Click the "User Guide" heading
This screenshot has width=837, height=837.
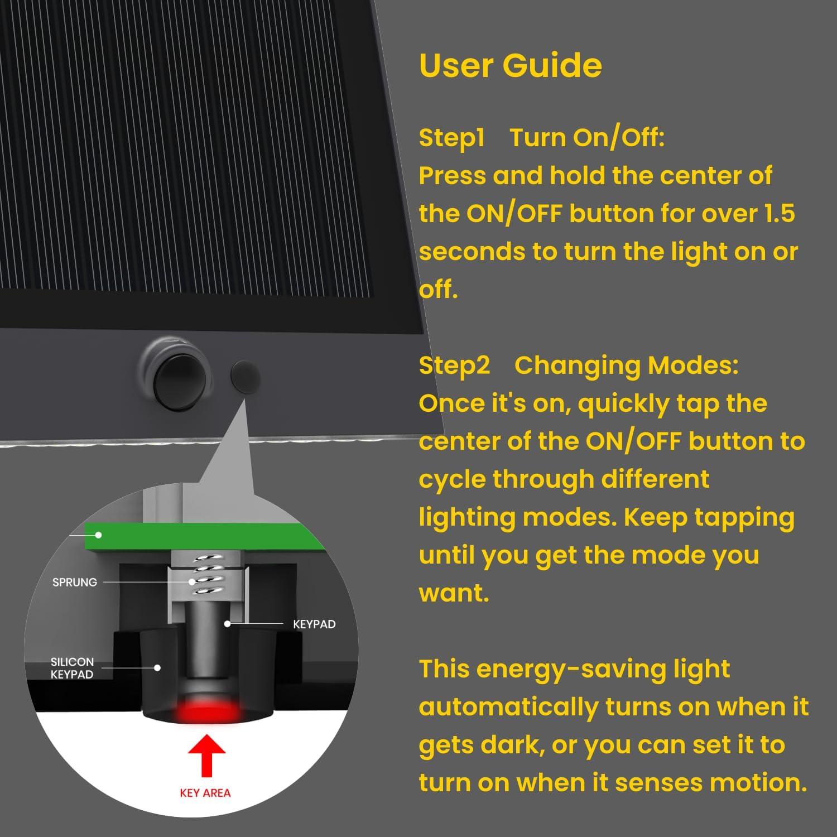510,66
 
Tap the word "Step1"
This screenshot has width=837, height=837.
451,138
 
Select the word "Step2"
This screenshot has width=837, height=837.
454,365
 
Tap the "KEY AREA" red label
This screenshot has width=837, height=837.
205,793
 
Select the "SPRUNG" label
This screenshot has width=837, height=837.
74,582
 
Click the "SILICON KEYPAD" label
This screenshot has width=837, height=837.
72,668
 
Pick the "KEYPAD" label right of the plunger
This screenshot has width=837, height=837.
314,624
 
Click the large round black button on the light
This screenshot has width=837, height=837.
173,378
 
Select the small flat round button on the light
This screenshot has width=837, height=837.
246,376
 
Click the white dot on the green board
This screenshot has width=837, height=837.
98,535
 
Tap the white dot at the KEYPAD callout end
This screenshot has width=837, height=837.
227,624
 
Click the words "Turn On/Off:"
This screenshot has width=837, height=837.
587,138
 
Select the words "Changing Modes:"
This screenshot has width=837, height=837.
626,365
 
